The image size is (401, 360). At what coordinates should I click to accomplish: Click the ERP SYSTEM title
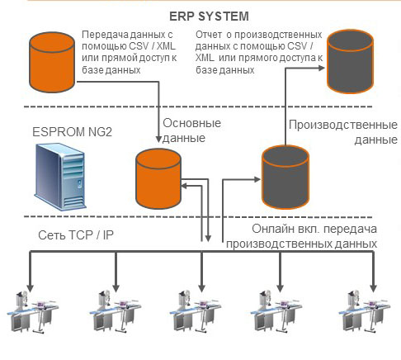point(209,17)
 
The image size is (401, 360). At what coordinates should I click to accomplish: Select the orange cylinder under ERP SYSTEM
point(52,62)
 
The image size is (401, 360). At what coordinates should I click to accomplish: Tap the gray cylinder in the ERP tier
point(350,62)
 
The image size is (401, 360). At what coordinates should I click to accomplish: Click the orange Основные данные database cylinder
point(158,178)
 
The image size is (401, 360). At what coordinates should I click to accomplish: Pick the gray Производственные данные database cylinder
point(285,178)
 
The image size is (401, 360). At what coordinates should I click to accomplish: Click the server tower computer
point(60,177)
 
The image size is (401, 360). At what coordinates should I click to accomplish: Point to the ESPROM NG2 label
point(73,132)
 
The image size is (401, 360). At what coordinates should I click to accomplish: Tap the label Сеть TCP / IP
point(76,235)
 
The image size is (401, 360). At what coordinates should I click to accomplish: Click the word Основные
point(191,123)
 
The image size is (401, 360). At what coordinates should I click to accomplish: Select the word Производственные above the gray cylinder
point(343,126)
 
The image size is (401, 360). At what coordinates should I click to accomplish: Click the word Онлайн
point(273,229)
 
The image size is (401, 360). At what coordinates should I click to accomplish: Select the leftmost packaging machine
point(32,311)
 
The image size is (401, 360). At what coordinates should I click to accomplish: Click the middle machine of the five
point(195,311)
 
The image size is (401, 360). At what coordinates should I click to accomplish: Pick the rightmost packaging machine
point(365,311)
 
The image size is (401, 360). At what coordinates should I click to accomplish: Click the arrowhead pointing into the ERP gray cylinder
point(321,68)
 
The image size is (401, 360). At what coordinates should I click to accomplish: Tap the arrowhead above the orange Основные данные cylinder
point(158,139)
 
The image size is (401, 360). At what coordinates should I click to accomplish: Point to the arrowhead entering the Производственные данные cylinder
point(257,180)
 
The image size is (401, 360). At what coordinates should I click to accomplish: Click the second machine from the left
point(115,311)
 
